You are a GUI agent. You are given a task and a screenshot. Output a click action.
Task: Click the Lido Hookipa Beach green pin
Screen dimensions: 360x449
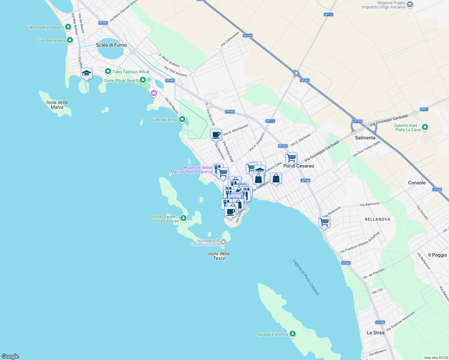pyautogui.click(x=68, y=27)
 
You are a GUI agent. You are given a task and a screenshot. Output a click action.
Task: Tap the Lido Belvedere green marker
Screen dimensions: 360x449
pyautogui.click(x=70, y=40)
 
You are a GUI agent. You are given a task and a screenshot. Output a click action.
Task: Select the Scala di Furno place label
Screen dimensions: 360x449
pyautogui.click(x=111, y=45)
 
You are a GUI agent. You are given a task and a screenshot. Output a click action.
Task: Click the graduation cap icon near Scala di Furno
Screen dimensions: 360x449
pyautogui.click(x=86, y=73)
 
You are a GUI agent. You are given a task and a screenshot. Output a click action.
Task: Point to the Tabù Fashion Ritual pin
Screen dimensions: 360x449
pyautogui.click(x=108, y=72)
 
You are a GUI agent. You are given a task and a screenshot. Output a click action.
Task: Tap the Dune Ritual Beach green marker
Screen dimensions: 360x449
pyautogui.click(x=143, y=80)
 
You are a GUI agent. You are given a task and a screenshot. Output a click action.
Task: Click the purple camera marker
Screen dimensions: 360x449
pyautogui.click(x=154, y=93)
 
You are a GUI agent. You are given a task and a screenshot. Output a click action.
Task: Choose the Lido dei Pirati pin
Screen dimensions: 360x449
pyautogui.click(x=182, y=120)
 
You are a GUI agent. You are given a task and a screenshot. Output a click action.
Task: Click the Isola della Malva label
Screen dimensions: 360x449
pyautogui.click(x=57, y=105)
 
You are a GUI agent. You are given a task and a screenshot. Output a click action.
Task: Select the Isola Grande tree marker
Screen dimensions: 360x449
pyautogui.click(x=183, y=218)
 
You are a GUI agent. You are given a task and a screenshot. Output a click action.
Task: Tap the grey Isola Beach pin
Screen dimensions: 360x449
pyautogui.click(x=223, y=242)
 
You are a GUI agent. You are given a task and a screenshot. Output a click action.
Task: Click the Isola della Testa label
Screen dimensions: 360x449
pyautogui.click(x=219, y=256)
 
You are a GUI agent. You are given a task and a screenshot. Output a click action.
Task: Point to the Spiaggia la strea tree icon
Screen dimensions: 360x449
pyautogui.click(x=293, y=334)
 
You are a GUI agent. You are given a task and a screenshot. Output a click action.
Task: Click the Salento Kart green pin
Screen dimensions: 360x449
pyautogui.click(x=425, y=127)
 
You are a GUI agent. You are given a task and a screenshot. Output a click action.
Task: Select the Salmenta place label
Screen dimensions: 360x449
pyautogui.click(x=365, y=138)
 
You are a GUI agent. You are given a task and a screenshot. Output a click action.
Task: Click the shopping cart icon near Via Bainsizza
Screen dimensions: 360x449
pyautogui.click(x=324, y=223)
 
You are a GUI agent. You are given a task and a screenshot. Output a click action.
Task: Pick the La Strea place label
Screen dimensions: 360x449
pyautogui.click(x=375, y=333)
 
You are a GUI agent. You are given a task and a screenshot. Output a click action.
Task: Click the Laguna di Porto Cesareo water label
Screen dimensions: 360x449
pyautogui.click(x=306, y=277)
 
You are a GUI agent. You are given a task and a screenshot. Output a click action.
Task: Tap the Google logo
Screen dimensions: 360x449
pyautogui.click(x=10, y=356)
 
